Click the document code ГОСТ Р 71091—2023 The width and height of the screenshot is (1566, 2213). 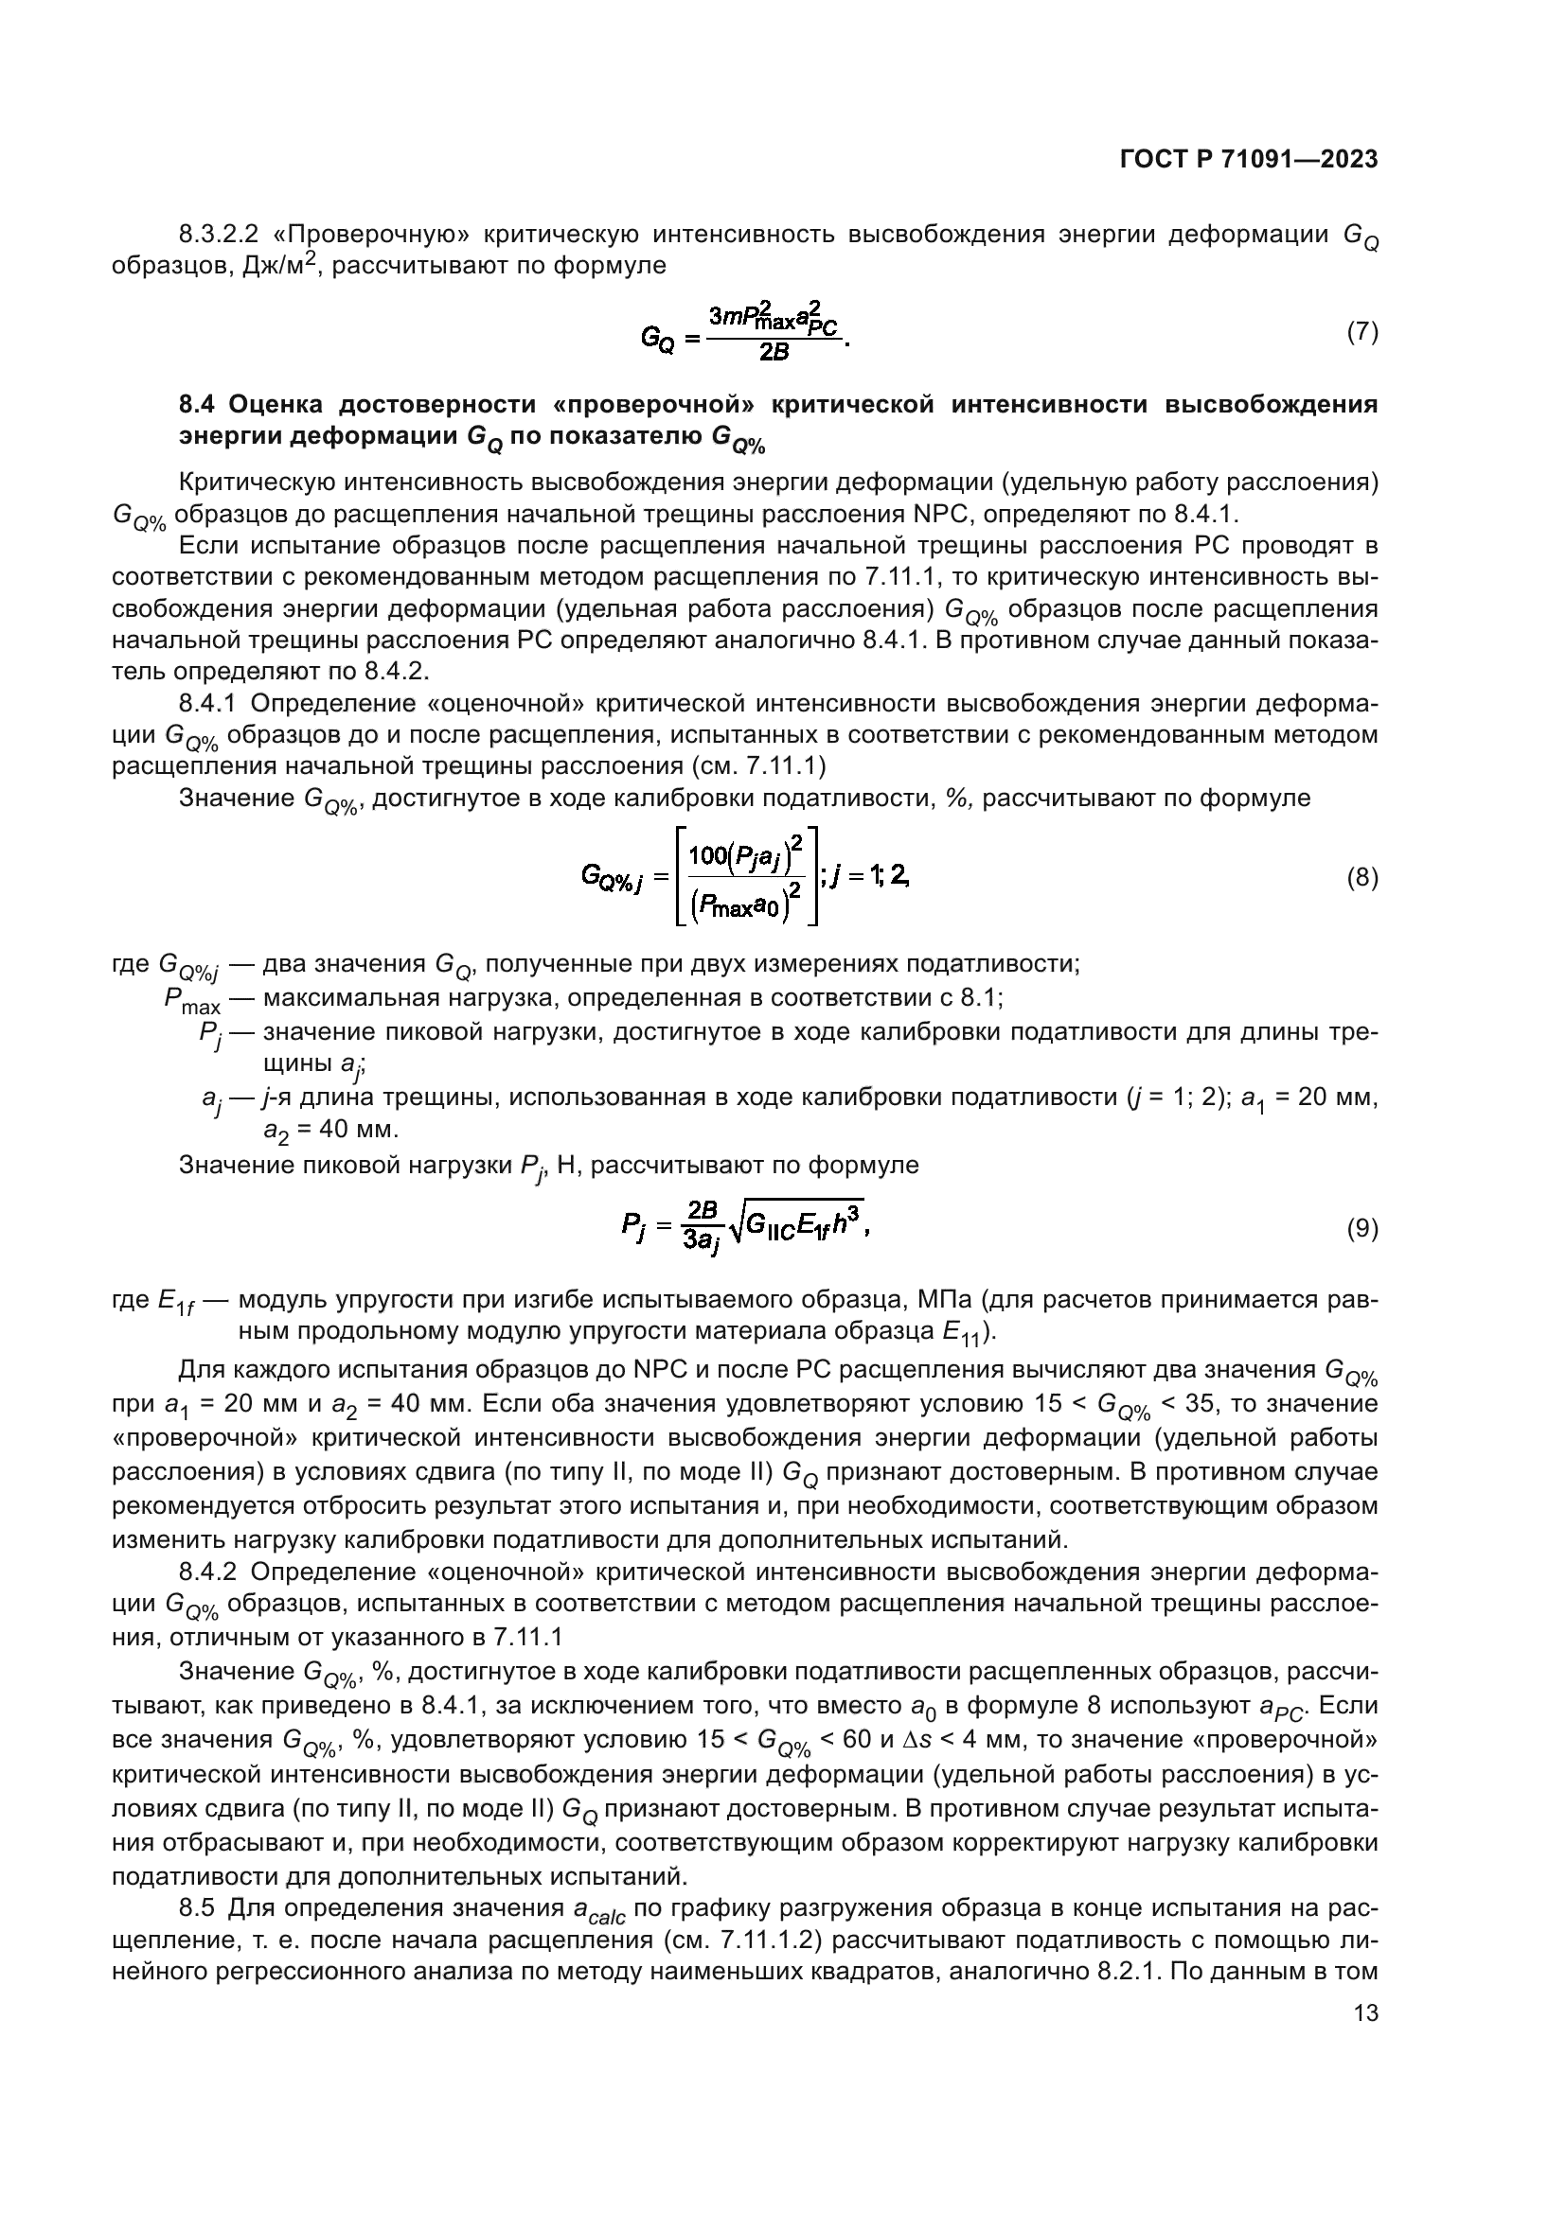click(1249, 160)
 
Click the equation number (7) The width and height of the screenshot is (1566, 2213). click(1361, 332)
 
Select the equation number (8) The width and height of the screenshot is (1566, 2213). click(1361, 878)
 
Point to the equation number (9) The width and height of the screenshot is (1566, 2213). click(1361, 1229)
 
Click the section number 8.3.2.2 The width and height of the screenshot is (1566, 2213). click(218, 235)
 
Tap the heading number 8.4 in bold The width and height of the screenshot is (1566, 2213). click(199, 404)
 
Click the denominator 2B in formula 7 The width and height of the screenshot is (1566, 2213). click(774, 353)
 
